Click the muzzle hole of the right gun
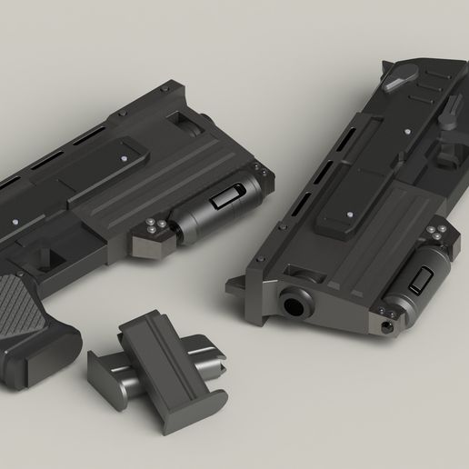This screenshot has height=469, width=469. [x=293, y=304]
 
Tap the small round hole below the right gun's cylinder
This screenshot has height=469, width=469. [x=391, y=324]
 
